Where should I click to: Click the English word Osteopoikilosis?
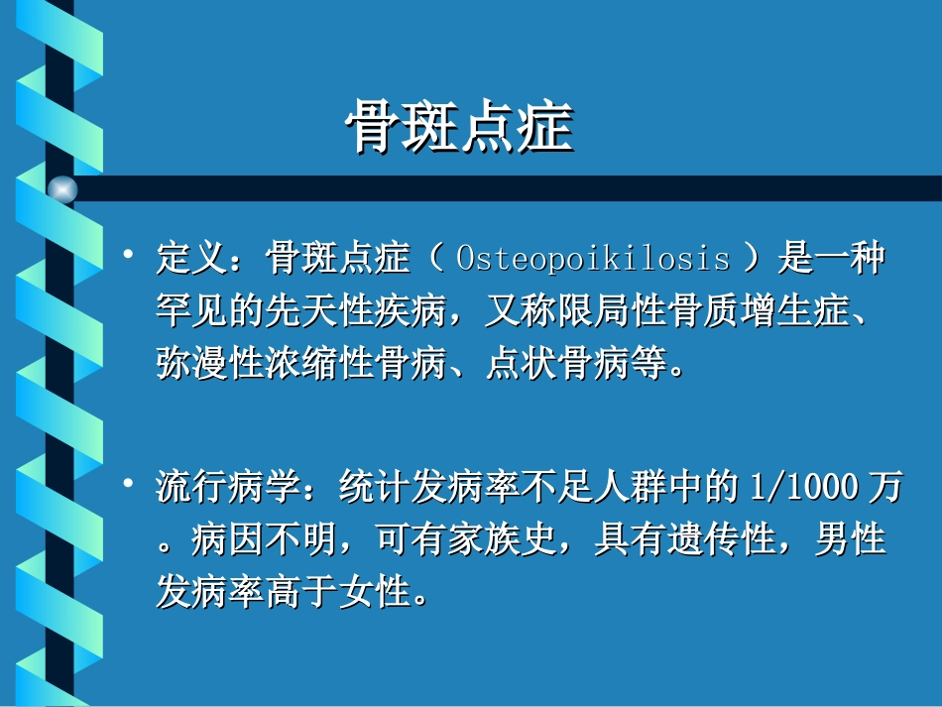coord(593,260)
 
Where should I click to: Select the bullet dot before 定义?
coord(127,256)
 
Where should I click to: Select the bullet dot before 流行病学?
coord(127,483)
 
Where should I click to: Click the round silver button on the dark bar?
coord(62,188)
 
